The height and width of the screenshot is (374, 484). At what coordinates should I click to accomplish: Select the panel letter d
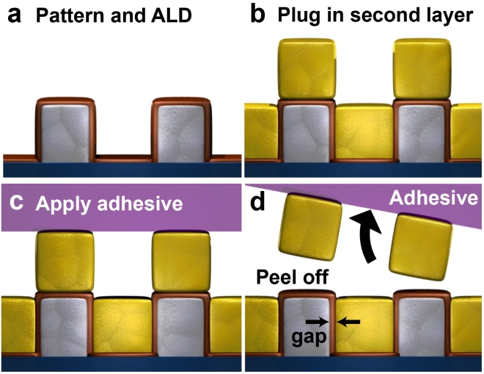pyautogui.click(x=257, y=202)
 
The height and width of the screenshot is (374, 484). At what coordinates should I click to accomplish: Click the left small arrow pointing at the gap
pyautogui.click(x=316, y=321)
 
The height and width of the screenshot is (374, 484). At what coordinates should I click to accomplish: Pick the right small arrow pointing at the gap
pyautogui.click(x=349, y=321)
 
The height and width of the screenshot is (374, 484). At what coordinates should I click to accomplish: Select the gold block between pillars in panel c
pyautogui.click(x=122, y=326)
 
